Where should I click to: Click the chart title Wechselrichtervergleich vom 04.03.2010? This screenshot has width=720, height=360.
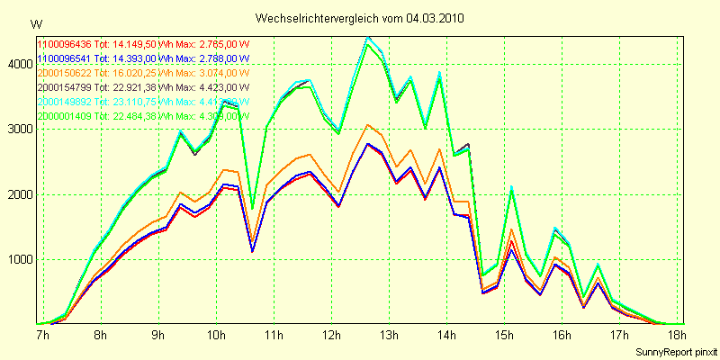[360, 18]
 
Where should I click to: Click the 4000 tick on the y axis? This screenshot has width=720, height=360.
[19, 64]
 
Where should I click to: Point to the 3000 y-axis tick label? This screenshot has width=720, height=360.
[19, 129]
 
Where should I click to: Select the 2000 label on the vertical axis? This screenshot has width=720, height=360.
[19, 194]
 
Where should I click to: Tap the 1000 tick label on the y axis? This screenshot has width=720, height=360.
[19, 260]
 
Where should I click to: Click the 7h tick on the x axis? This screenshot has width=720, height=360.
[42, 336]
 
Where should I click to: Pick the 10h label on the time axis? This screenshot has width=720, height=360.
[216, 336]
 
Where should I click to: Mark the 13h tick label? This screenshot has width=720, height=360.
[390, 336]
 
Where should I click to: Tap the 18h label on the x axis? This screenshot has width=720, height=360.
[678, 336]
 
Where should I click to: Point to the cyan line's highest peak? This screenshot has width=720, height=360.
[367, 38]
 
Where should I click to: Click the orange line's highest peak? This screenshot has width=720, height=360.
[367, 125]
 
